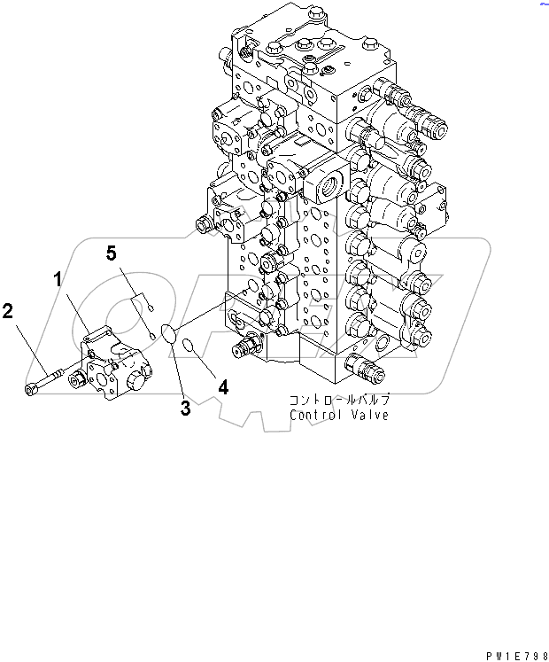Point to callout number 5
click(112, 254)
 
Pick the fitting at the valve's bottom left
click(250, 344)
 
